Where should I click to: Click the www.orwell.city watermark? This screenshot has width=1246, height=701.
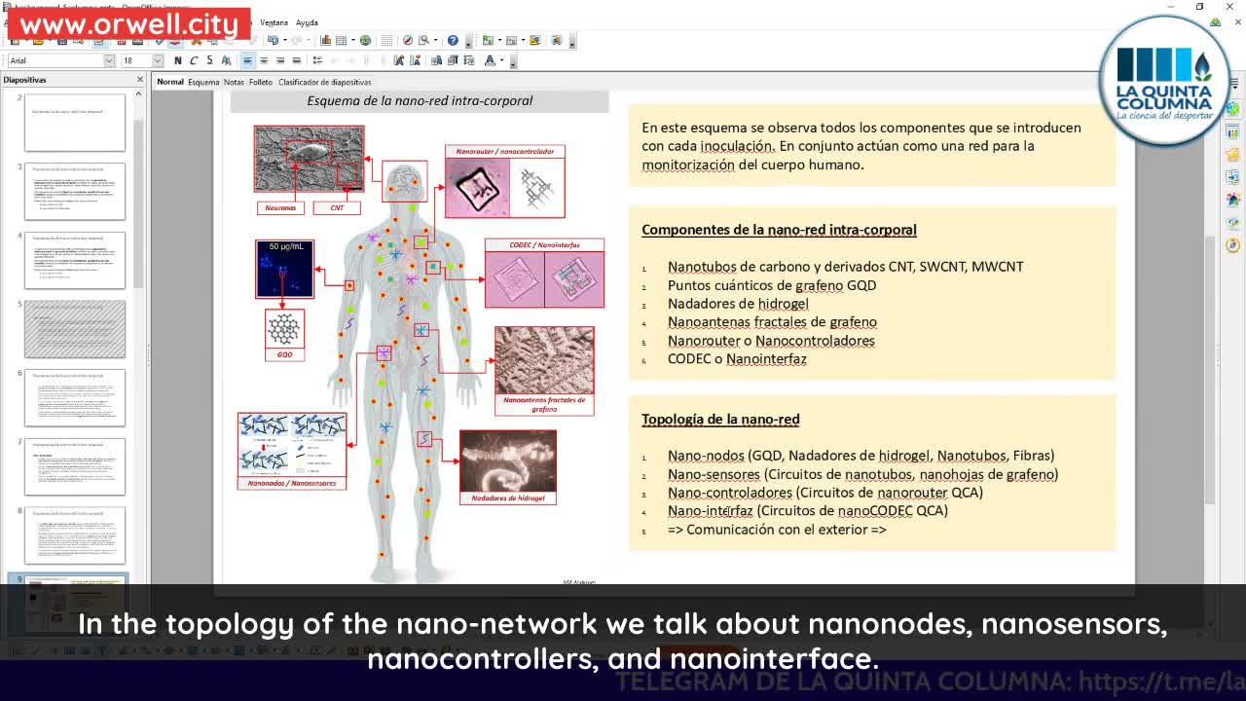tap(128, 25)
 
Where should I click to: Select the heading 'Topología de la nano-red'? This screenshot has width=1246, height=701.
tap(720, 419)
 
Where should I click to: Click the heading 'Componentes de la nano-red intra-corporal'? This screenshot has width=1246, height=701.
tap(779, 230)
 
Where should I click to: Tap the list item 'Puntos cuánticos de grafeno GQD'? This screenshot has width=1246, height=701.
tap(771, 285)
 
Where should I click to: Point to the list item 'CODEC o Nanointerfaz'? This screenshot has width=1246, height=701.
tap(737, 359)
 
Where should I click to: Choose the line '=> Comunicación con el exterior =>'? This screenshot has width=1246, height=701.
tap(777, 530)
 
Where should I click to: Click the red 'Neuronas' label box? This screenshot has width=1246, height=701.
tap(280, 207)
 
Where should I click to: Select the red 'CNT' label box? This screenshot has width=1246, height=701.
tap(337, 207)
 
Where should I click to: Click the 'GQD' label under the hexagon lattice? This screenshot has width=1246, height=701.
tap(284, 354)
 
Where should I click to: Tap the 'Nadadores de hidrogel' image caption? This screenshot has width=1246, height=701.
tap(507, 498)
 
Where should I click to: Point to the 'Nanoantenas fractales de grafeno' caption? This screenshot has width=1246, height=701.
tap(544, 404)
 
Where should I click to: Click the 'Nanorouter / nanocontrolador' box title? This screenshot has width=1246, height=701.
tap(504, 152)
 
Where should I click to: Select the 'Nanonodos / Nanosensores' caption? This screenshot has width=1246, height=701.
tap(291, 483)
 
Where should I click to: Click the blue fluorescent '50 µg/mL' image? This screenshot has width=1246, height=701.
tap(284, 269)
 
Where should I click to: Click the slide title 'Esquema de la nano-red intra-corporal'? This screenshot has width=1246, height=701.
tap(420, 100)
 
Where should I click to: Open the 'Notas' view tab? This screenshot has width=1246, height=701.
tap(234, 82)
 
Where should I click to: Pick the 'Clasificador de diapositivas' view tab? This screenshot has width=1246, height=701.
tap(324, 82)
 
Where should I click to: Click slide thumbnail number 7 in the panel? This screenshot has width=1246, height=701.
tap(75, 466)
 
